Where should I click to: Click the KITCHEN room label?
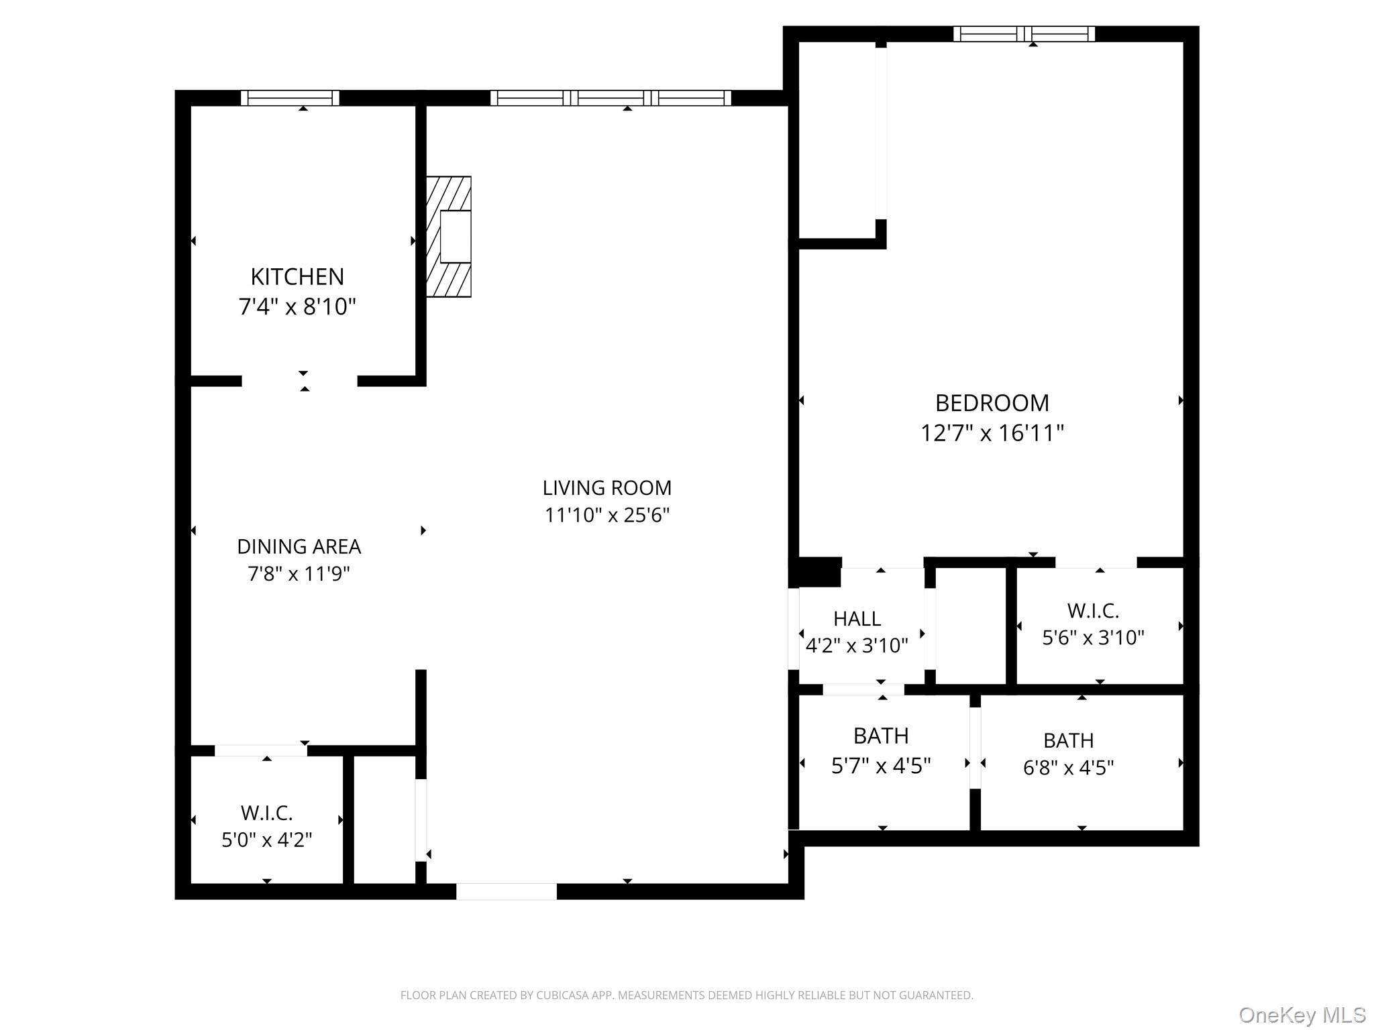coord(297,276)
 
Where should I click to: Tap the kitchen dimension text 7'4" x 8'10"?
coord(297,307)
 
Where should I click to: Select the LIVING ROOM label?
coord(606,488)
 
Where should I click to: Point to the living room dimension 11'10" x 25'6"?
coord(606,515)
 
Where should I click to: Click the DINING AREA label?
coord(299,547)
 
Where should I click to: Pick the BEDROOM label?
coord(992,403)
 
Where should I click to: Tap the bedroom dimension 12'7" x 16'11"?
coord(992,433)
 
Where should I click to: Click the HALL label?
coord(857,618)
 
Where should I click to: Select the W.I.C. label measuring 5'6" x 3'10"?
coord(1093,611)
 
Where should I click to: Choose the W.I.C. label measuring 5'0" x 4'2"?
coord(266,813)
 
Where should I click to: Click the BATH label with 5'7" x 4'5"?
coord(881,736)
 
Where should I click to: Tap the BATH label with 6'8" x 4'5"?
coord(1068,740)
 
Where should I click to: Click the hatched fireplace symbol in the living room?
coord(448,237)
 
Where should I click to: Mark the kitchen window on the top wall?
coord(290,98)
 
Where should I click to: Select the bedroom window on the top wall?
coord(1024,34)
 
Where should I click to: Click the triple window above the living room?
coord(611,98)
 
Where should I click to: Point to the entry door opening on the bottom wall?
coord(507,891)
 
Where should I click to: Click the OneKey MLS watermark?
coord(1302,1015)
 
